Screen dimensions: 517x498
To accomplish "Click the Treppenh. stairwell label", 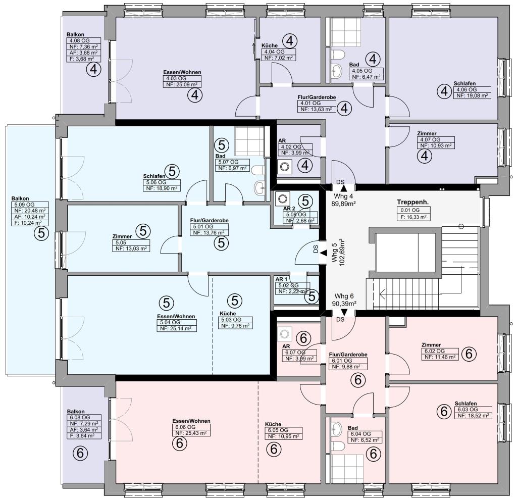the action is tap(413, 202).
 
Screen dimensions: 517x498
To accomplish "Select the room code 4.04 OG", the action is tap(274, 52).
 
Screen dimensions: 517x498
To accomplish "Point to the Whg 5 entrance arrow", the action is tap(324, 253).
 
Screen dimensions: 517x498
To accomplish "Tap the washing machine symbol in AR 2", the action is tap(282, 199).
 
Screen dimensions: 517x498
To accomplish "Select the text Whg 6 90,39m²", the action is tap(344, 300).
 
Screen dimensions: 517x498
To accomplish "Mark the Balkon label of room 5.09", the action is tap(20, 198).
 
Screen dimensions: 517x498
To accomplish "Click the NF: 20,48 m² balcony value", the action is tap(30, 211).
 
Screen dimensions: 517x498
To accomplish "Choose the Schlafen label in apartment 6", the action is tap(466, 404).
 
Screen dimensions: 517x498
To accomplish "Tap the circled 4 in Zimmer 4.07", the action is tap(425, 156).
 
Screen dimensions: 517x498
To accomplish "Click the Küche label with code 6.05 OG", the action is tap(273, 424).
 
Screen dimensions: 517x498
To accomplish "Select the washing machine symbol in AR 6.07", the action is tap(285, 334).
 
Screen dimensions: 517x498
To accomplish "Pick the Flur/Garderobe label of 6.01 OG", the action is tap(348, 355).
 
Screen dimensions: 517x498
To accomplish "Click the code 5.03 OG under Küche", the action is tap(231, 320).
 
